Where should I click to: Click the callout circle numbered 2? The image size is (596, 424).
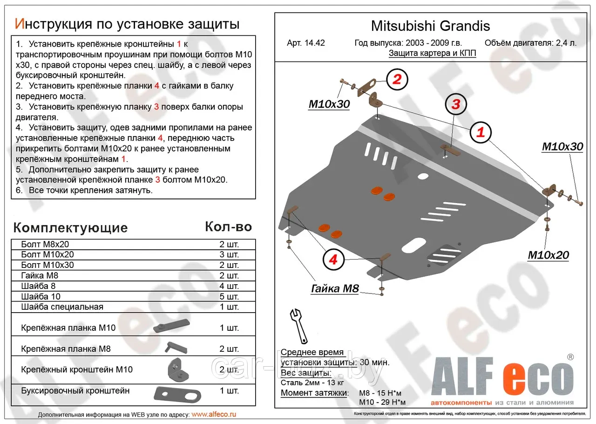pyautogui.click(x=396, y=79)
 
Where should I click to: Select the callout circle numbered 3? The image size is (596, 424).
pyautogui.click(x=455, y=104)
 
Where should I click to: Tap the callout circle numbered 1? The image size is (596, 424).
pyautogui.click(x=480, y=133)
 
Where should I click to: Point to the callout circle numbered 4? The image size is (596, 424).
pyautogui.click(x=333, y=259)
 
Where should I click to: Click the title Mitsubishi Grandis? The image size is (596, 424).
pyautogui.click(x=430, y=26)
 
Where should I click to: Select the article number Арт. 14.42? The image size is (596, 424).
pyautogui.click(x=306, y=43)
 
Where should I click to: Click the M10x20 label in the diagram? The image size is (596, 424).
pyautogui.click(x=548, y=255)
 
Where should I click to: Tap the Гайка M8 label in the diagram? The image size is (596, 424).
pyautogui.click(x=335, y=289)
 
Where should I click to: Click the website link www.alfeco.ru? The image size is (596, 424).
pyautogui.click(x=214, y=414)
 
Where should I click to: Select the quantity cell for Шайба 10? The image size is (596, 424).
pyautogui.click(x=229, y=296)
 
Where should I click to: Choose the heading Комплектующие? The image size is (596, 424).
pyautogui.click(x=70, y=228)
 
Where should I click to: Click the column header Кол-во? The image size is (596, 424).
pyautogui.click(x=228, y=227)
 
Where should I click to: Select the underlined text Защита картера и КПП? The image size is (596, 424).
pyautogui.click(x=432, y=53)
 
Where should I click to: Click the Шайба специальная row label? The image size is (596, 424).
pyautogui.click(x=62, y=307)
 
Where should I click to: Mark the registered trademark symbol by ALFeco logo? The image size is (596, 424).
pyautogui.click(x=570, y=357)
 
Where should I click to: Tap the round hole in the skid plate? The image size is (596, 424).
pyautogui.click(x=423, y=177)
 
